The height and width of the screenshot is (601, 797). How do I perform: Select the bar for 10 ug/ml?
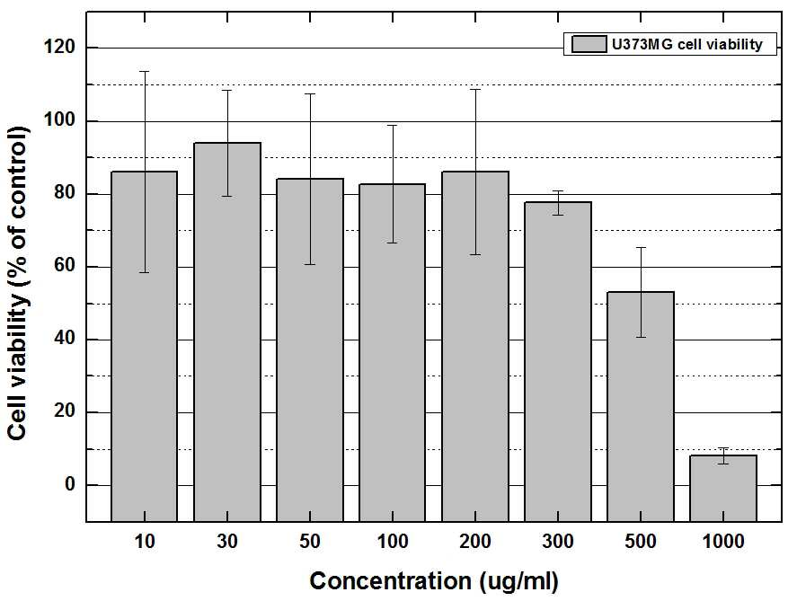click(x=145, y=347)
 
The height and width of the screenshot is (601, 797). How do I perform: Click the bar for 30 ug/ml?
click(x=227, y=332)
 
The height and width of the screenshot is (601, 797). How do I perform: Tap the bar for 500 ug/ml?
click(x=641, y=406)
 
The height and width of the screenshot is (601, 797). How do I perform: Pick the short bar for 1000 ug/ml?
click(x=723, y=488)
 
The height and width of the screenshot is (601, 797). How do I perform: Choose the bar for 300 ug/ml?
click(x=558, y=362)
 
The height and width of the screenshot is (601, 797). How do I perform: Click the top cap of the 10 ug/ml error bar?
click(x=145, y=72)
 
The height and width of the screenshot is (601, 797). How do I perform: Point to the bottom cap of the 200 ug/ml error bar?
click(x=475, y=254)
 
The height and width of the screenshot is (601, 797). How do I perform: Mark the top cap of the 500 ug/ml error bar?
click(x=641, y=247)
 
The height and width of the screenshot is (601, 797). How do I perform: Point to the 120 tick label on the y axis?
click(x=59, y=48)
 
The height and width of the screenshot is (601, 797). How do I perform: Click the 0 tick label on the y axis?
click(x=69, y=484)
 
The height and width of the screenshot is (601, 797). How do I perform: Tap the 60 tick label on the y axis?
click(x=65, y=266)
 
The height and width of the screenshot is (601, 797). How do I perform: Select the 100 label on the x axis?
click(x=393, y=542)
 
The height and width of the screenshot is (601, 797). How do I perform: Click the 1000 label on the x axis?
click(x=723, y=542)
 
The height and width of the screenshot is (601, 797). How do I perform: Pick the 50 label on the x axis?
click(x=310, y=542)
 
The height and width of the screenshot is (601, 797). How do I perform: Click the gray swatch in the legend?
click(x=589, y=44)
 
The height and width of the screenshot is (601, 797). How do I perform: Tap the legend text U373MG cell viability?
click(x=686, y=45)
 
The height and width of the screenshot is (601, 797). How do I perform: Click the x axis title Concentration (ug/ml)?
click(x=434, y=581)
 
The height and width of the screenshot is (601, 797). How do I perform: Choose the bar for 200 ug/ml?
click(x=475, y=347)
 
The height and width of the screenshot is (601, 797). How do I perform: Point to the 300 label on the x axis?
click(x=558, y=542)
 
